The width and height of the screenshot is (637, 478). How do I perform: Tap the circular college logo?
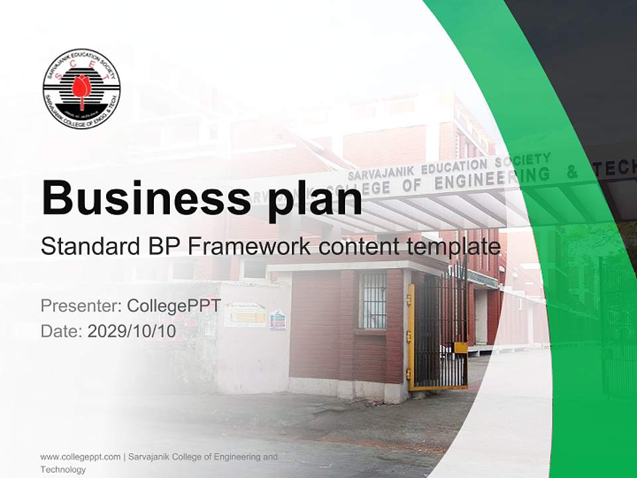[x=82, y=88]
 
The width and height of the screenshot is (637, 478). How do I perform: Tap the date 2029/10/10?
[x=132, y=331]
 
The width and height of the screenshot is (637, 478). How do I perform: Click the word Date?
[x=60, y=331]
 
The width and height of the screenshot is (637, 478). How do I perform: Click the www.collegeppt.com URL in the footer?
[x=80, y=457]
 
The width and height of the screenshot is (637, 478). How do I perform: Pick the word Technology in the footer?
[x=63, y=469]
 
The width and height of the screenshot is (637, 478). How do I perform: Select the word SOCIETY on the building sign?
[x=528, y=159]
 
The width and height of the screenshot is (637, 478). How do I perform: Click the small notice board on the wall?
[x=244, y=315]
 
